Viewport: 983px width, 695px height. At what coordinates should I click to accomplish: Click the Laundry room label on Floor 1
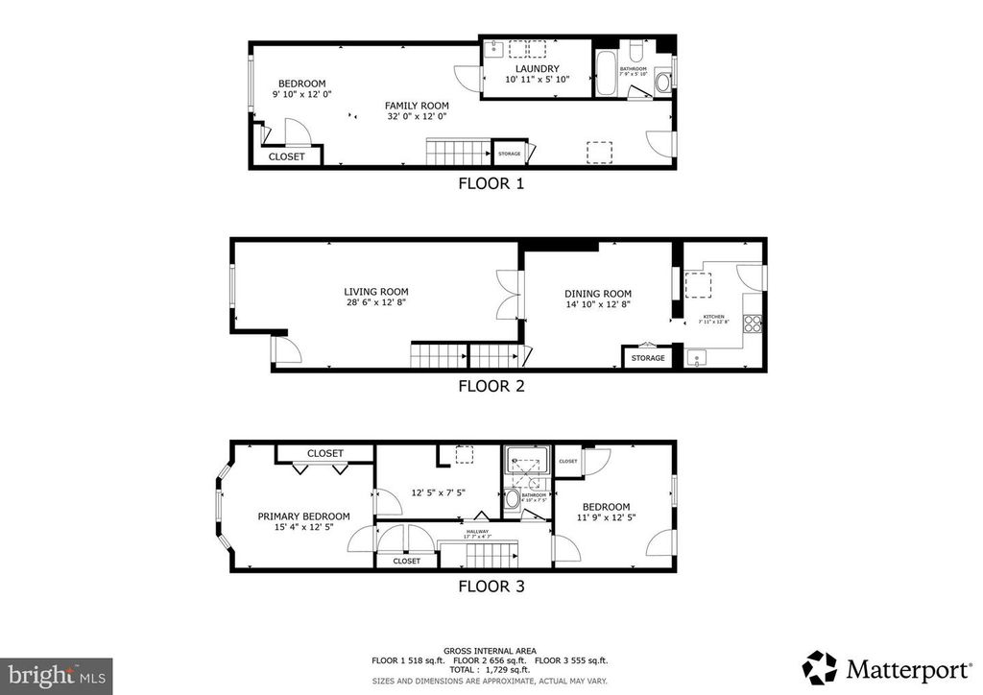[x=537, y=68]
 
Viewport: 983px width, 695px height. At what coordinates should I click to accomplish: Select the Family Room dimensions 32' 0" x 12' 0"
[x=417, y=117]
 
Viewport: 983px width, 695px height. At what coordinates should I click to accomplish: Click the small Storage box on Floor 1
[x=510, y=154]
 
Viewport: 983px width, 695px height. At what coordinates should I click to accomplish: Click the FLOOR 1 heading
[x=491, y=183]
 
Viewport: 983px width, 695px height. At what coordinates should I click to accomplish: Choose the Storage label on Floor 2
[x=648, y=358]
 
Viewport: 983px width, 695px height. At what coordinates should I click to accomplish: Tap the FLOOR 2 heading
[x=491, y=387]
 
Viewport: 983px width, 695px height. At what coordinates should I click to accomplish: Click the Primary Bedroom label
[x=303, y=516]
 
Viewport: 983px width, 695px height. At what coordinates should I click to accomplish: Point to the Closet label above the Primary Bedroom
[x=325, y=453]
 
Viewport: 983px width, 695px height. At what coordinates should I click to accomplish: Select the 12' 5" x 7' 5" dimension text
[x=439, y=493]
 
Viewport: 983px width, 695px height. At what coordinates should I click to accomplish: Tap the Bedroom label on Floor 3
[x=606, y=507]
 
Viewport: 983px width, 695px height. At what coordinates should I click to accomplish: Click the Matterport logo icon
[x=820, y=667]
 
